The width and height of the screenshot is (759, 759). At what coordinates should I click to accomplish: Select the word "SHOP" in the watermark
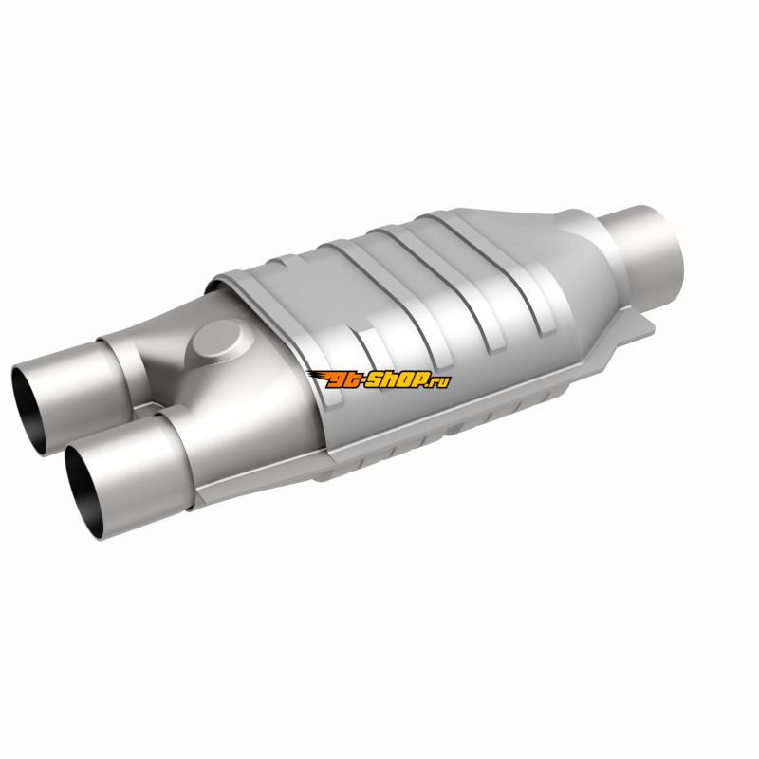click(x=397, y=380)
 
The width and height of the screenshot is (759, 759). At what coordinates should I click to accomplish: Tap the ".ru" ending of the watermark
click(x=438, y=382)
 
